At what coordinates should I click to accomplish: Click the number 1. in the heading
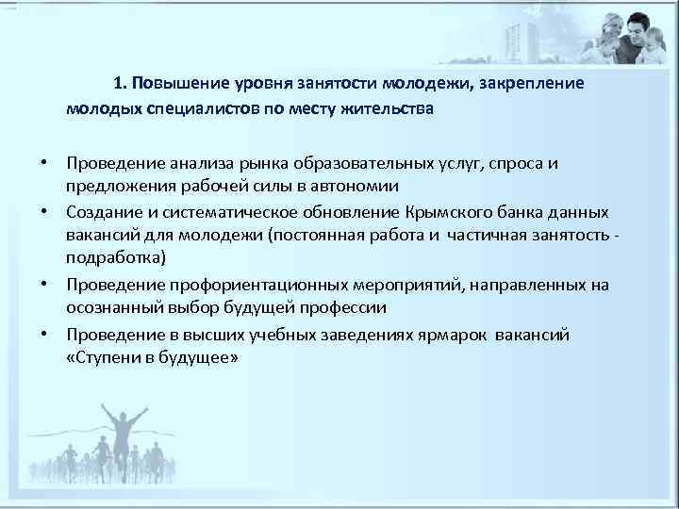point(121,84)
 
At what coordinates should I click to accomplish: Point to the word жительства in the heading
point(388,108)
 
